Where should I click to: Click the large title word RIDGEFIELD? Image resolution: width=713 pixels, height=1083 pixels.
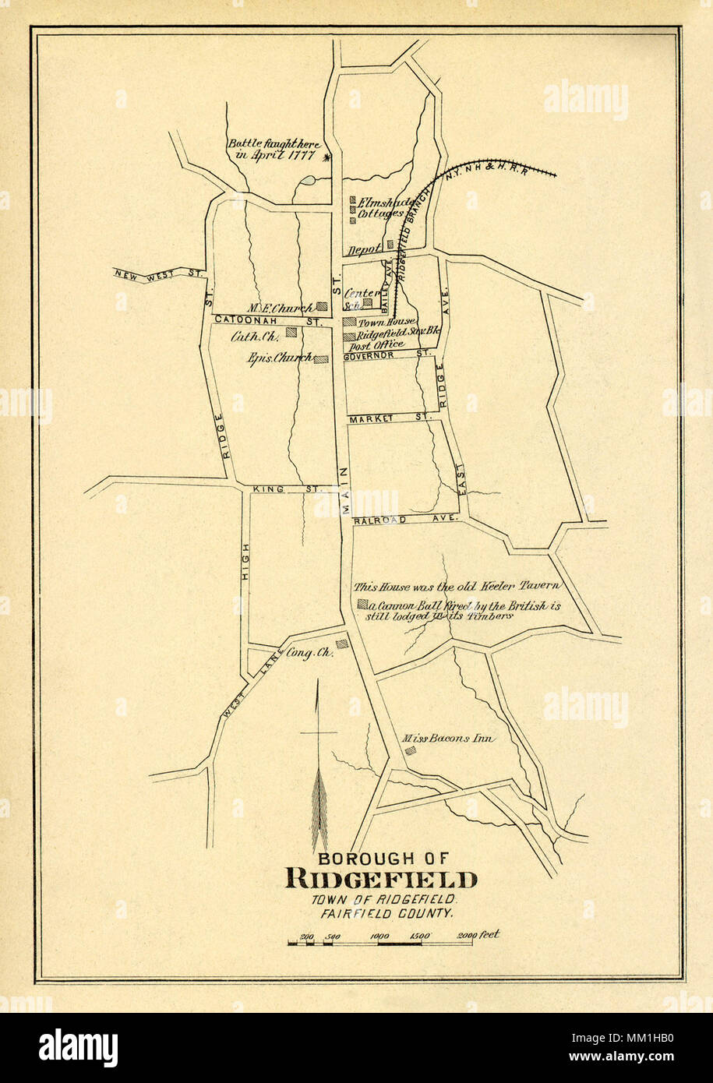pyautogui.click(x=381, y=880)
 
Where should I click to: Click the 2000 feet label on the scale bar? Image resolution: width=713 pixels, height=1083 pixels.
pyautogui.click(x=478, y=935)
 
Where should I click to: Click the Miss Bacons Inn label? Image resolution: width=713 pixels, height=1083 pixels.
pyautogui.click(x=447, y=738)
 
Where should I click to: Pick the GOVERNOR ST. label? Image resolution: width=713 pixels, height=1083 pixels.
pyautogui.click(x=387, y=355)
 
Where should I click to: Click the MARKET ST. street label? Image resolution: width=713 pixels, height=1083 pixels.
pyautogui.click(x=390, y=419)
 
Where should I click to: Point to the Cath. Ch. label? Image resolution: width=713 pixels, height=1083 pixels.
pyautogui.click(x=254, y=337)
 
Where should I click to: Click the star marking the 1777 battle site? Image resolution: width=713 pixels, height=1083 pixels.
pyautogui.click(x=326, y=157)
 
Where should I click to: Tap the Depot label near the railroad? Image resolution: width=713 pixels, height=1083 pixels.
pyautogui.click(x=364, y=249)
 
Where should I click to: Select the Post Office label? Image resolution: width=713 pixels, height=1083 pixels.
pyautogui.click(x=376, y=344)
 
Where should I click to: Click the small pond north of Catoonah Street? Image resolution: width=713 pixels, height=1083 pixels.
pyautogui.click(x=307, y=182)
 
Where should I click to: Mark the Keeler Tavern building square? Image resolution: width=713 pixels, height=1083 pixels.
pyautogui.click(x=362, y=604)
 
